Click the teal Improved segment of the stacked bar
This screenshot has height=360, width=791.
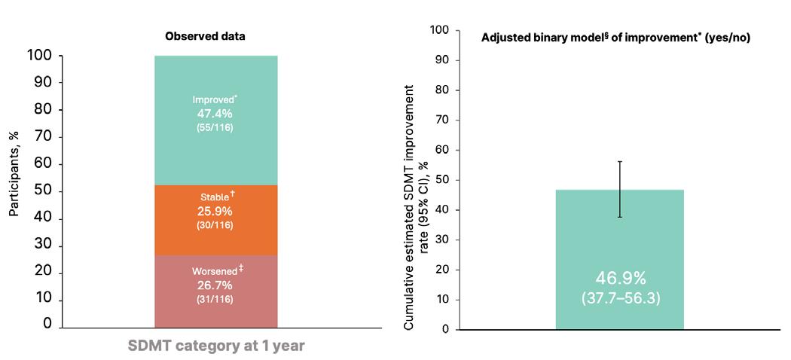coord(216,120)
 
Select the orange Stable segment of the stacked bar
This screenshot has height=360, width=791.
coord(216,221)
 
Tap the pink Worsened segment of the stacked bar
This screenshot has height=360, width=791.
coord(216,291)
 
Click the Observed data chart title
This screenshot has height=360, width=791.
coord(206,37)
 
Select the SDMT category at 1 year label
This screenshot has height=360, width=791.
coord(216,346)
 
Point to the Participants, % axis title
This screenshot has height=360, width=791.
coord(14,172)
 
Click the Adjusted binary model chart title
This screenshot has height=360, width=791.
coord(615,38)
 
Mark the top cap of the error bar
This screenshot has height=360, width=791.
coord(620,161)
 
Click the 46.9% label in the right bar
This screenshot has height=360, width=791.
coord(621,279)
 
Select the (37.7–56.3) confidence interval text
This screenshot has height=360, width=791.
coord(621,298)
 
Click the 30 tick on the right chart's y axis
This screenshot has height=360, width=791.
coord(444,240)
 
